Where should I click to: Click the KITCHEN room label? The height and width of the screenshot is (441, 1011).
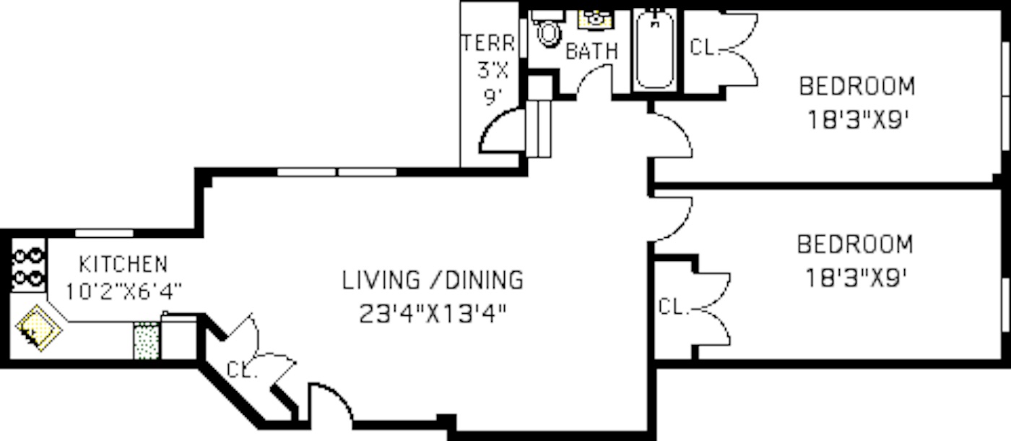tap(123, 263)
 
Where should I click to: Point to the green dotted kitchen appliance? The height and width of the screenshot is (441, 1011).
tap(146, 340)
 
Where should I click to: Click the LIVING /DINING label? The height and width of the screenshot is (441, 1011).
tap(432, 279)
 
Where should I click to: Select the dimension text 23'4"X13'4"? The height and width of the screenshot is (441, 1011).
tap(432, 314)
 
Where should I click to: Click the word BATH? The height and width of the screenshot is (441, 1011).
tap(591, 52)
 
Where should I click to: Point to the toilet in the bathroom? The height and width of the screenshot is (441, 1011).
tap(549, 30)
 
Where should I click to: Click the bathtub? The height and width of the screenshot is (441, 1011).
tap(656, 51)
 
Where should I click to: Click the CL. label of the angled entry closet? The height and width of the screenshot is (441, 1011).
tap(243, 369)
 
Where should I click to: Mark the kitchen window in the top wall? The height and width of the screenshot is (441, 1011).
tap(105, 233)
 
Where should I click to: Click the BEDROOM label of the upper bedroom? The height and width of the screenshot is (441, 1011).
tap(856, 86)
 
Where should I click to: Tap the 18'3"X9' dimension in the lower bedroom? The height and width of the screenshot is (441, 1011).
tap(855, 278)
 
